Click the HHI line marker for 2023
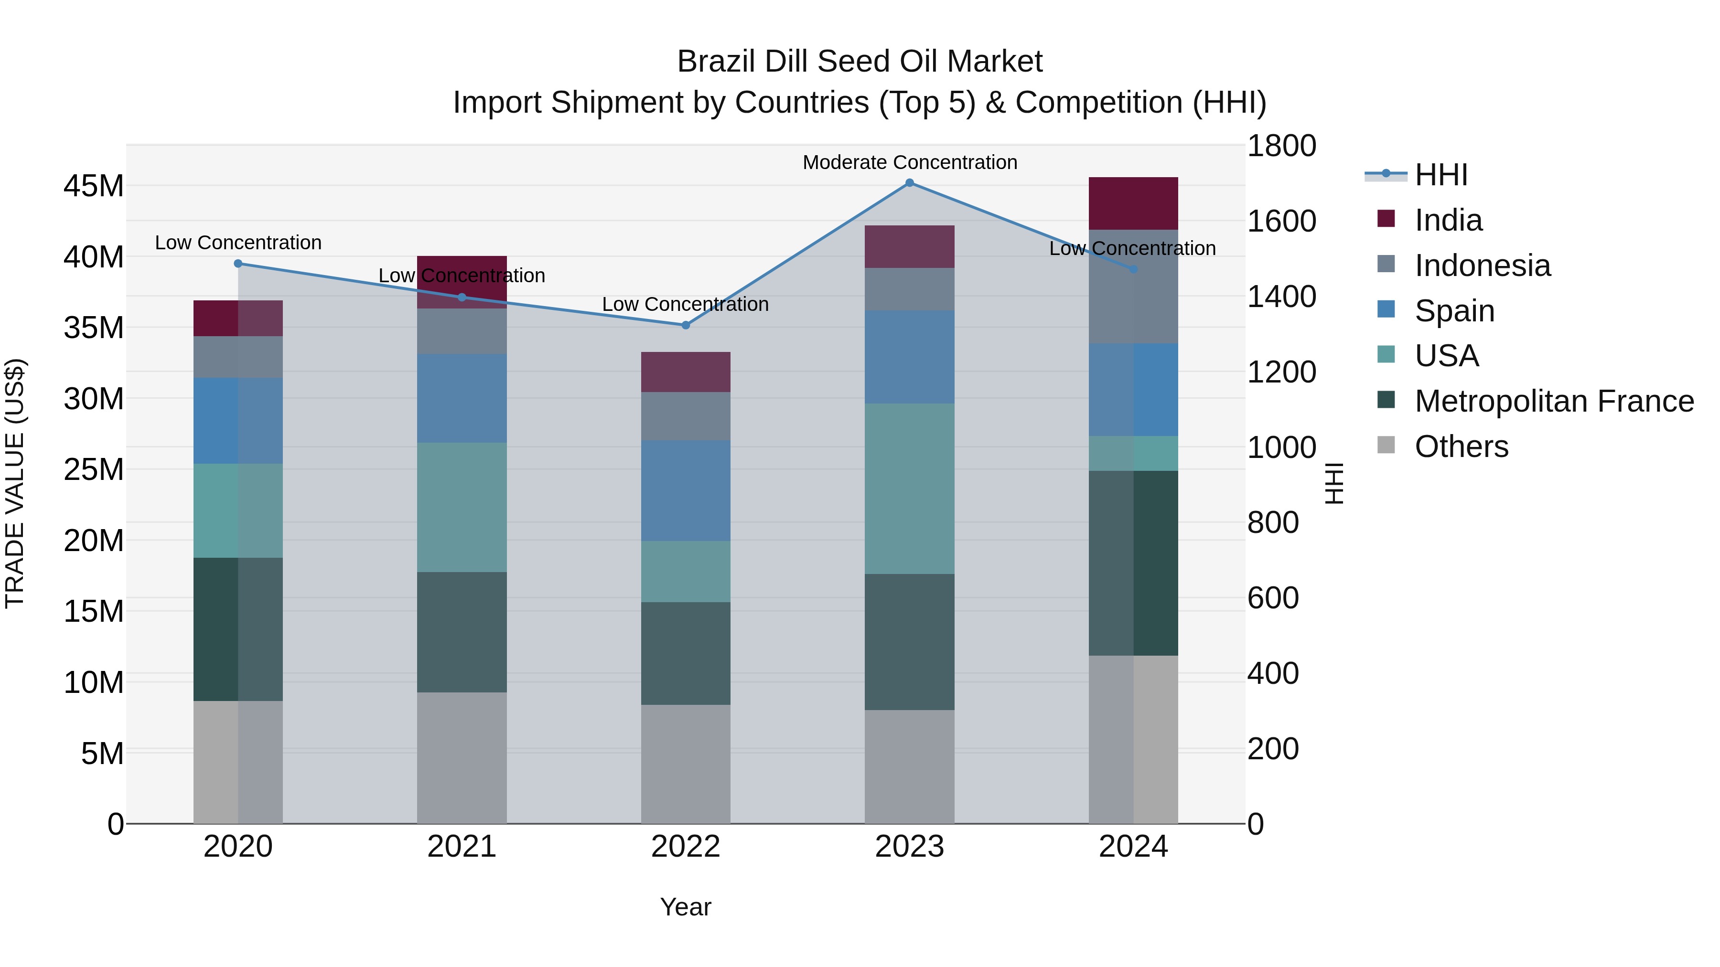(909, 183)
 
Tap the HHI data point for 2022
(685, 325)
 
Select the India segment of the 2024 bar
(1133, 203)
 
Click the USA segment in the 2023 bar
(909, 489)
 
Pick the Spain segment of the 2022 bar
(685, 490)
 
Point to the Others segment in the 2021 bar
(462, 757)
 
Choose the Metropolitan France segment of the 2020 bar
(238, 629)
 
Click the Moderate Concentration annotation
(909, 162)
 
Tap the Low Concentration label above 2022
(685, 304)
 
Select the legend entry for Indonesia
(1482, 266)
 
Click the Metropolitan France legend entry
(1554, 401)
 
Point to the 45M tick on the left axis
(94, 186)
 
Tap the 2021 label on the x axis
(462, 847)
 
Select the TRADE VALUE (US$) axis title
(15, 483)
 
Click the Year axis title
(685, 907)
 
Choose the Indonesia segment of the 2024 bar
(1133, 287)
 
